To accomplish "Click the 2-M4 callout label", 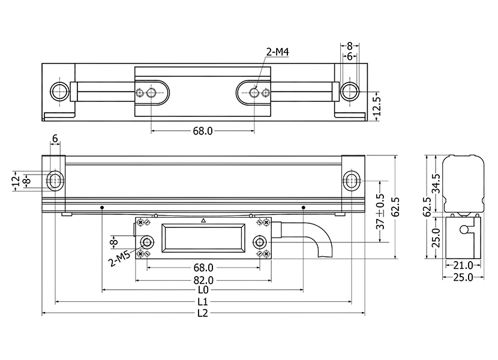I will pos(277,53).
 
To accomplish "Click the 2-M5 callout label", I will pos(119,259).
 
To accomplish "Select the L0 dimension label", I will pos(202,289).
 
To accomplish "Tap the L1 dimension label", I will pos(202,301).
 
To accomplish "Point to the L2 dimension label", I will pos(202,313).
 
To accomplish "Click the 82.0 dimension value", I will pos(203,279).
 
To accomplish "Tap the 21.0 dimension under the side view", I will pos(463,265).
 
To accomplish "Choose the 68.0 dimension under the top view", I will pos(202,130).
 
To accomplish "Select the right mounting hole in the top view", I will pos(349,91).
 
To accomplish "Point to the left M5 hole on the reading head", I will pos(146,242).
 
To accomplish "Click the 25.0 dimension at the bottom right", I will pos(463,277).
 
